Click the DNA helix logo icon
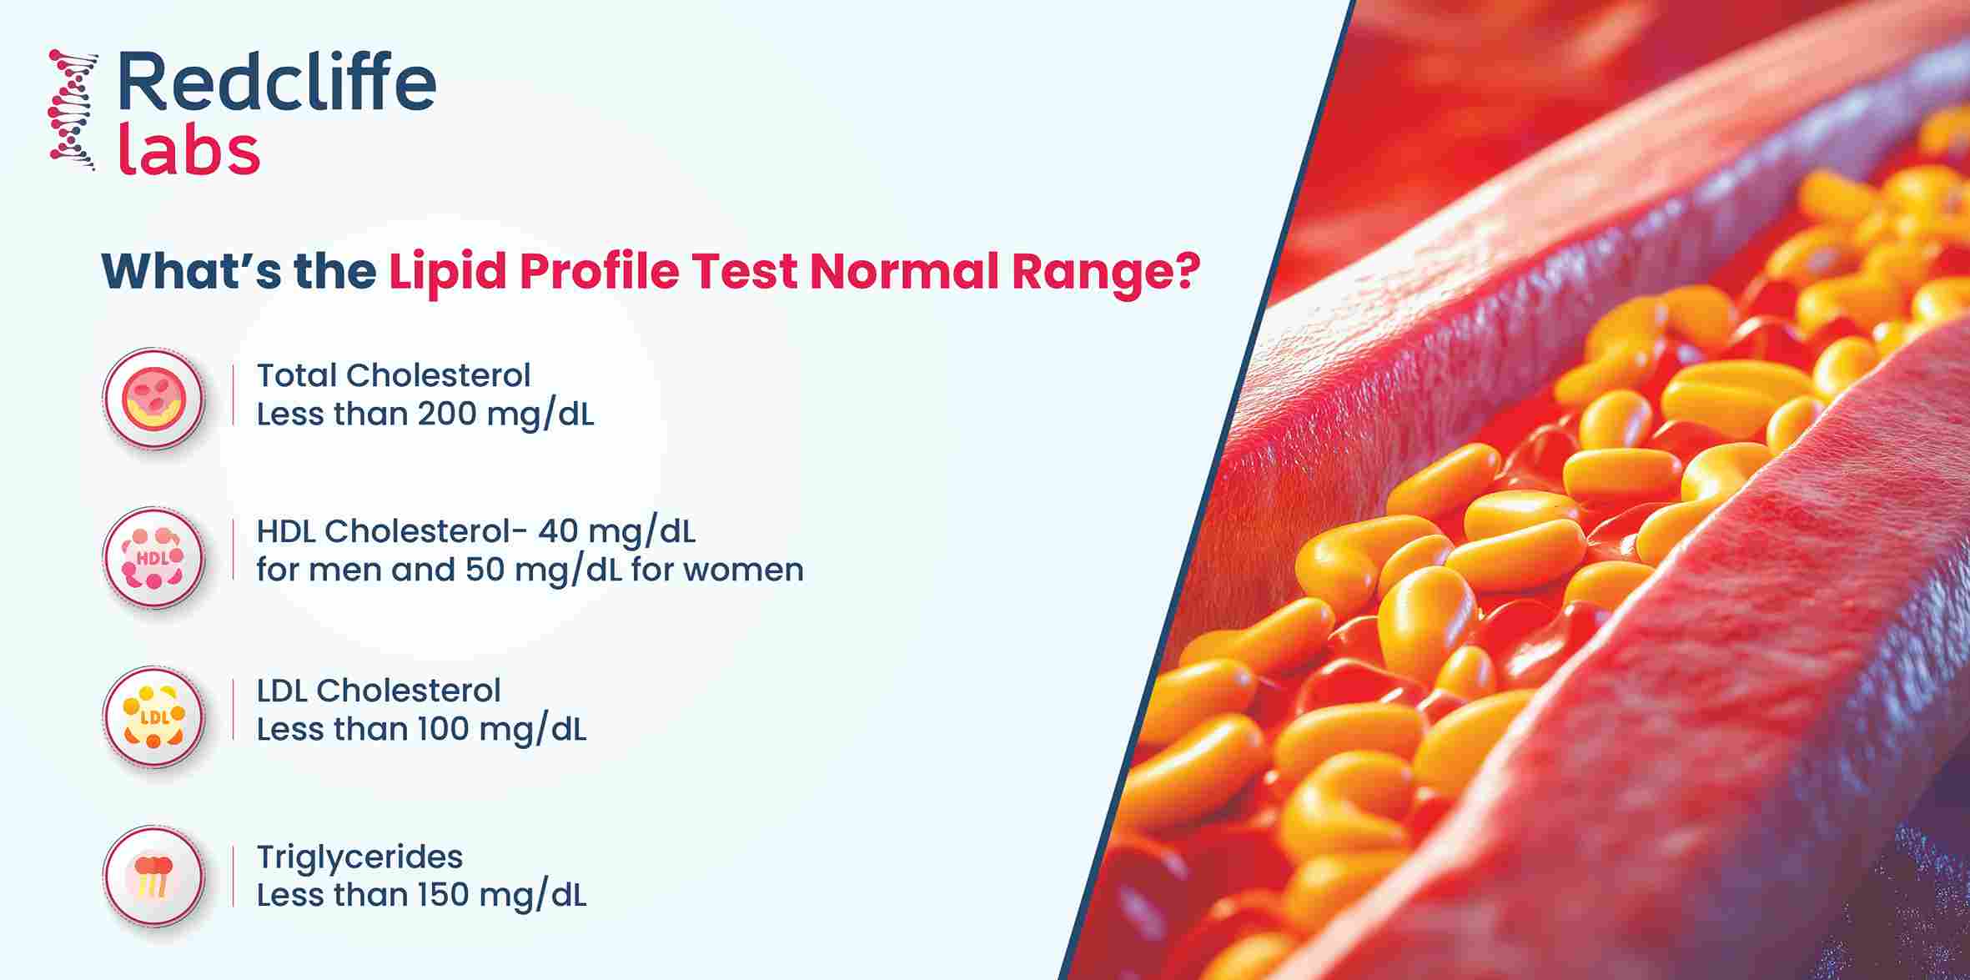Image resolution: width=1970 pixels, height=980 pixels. (73, 111)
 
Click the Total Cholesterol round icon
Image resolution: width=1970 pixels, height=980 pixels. (153, 398)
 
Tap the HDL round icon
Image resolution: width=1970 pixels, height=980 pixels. (153, 557)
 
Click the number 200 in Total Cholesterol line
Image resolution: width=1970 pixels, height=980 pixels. (445, 414)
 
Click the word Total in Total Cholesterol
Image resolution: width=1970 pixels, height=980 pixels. (295, 375)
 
